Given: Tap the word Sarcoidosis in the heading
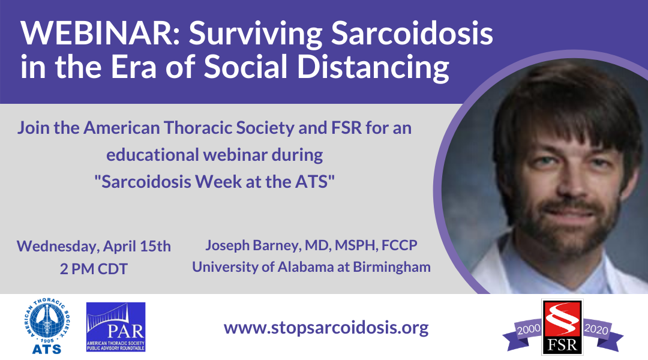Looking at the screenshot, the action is (412, 33).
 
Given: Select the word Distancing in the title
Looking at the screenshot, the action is (373, 67).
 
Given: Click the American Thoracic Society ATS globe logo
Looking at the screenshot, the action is (47, 326).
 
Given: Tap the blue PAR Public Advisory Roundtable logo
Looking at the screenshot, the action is (116, 327).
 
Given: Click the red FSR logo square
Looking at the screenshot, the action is (562, 327).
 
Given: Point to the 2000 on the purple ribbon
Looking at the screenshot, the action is (529, 329).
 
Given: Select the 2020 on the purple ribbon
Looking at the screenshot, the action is (596, 329).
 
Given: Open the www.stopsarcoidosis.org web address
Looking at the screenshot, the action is (326, 328).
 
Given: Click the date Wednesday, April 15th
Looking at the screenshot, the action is (94, 247).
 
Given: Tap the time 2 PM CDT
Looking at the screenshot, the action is (94, 269).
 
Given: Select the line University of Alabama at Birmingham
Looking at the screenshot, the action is (311, 267).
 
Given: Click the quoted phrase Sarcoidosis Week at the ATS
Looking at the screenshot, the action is (214, 182).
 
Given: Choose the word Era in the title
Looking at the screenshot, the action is (133, 67).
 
